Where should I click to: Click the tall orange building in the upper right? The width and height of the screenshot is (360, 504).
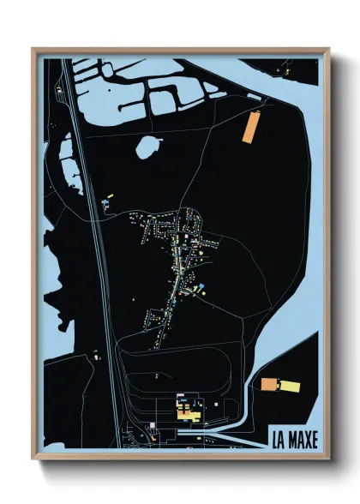click(x=250, y=128)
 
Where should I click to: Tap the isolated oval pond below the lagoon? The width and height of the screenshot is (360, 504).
click(x=148, y=147)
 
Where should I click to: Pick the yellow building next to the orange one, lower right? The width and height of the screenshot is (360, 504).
click(x=291, y=387)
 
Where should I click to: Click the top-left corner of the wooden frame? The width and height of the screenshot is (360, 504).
click(x=33, y=50)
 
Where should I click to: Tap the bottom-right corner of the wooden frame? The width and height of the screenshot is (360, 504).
click(x=328, y=459)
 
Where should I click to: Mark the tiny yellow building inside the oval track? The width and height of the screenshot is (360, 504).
click(x=156, y=375)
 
